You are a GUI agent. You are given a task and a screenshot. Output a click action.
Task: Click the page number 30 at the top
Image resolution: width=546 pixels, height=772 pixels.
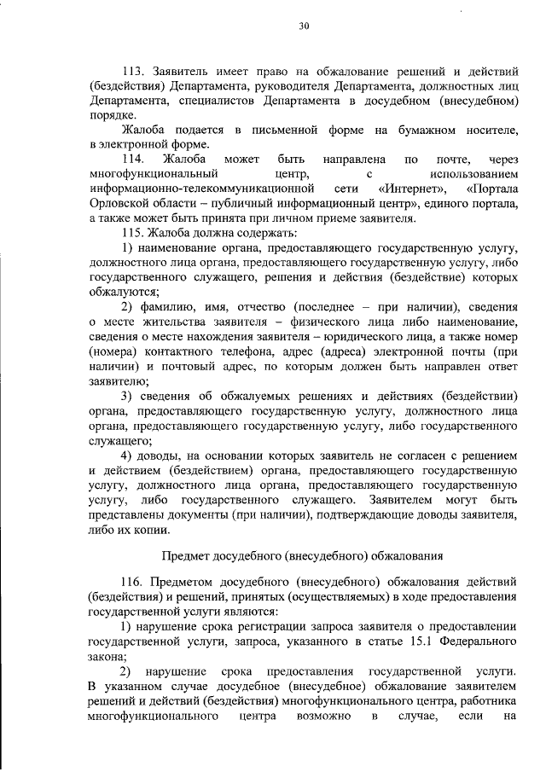tap(304, 26)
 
